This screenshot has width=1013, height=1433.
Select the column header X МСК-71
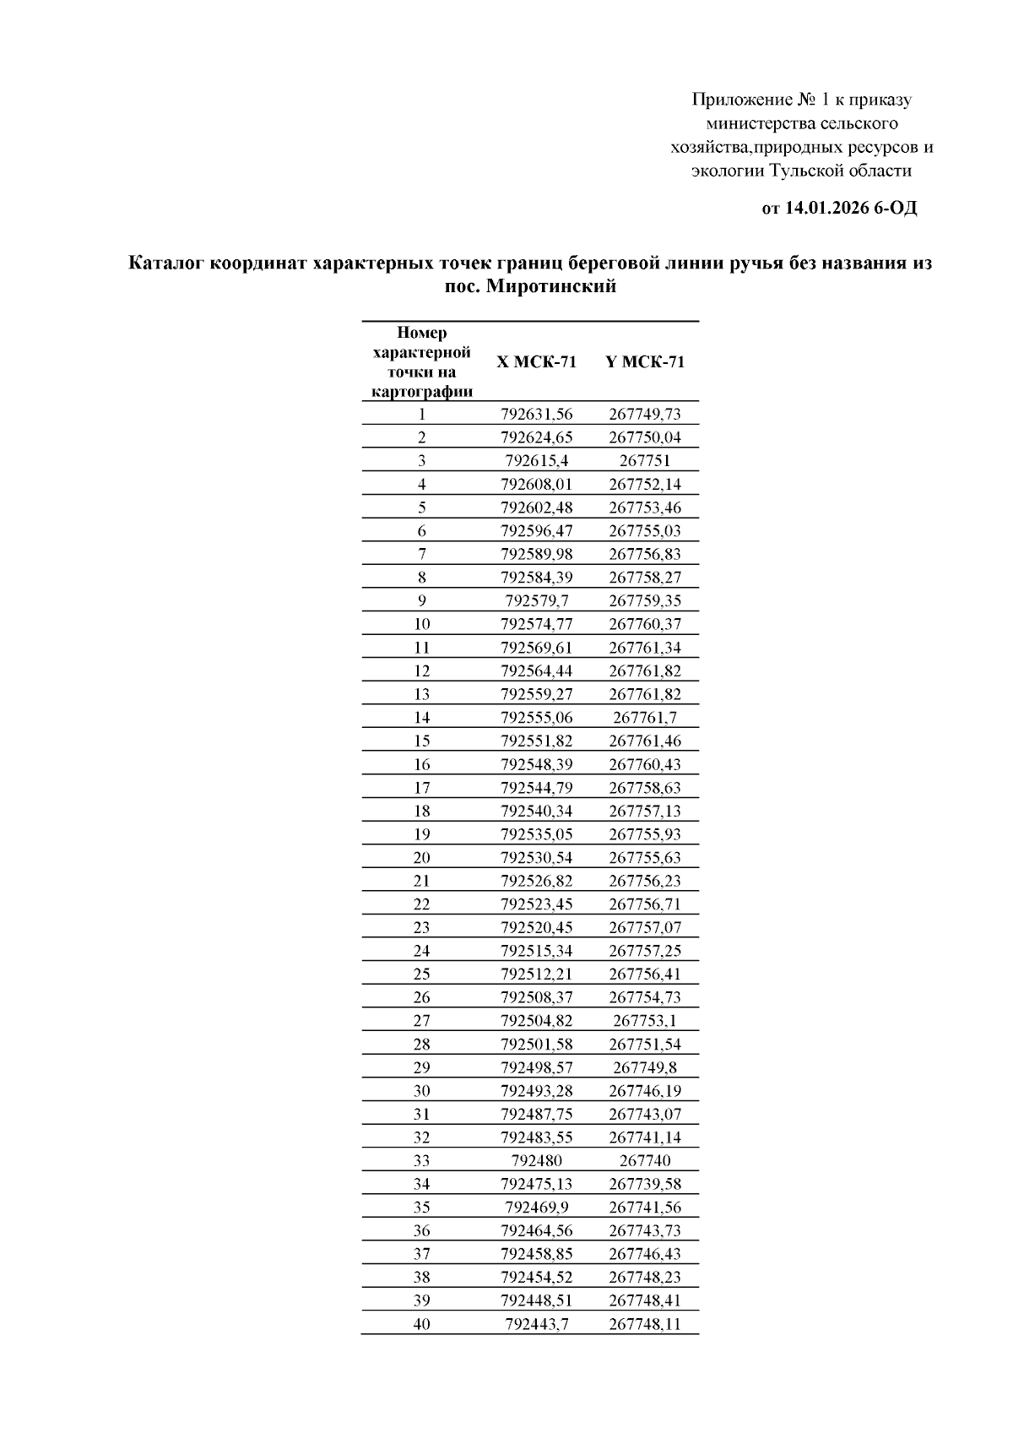tap(536, 362)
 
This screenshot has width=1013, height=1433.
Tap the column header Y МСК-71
tap(645, 362)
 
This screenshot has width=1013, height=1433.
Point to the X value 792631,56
tap(536, 415)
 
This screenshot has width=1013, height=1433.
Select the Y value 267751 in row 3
tap(645, 461)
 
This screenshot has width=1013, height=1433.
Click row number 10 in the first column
tap(421, 625)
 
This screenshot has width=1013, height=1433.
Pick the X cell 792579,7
tap(536, 601)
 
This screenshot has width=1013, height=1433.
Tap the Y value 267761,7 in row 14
tap(645, 718)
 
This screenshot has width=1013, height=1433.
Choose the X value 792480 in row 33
tap(536, 1161)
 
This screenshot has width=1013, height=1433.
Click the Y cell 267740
tap(645, 1161)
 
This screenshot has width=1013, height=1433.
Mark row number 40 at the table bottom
tap(421, 1324)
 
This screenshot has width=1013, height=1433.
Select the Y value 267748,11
tap(645, 1324)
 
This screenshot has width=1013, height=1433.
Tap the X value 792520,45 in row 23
tap(536, 928)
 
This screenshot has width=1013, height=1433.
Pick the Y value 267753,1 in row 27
tap(645, 1021)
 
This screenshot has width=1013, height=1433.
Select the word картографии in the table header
tap(421, 392)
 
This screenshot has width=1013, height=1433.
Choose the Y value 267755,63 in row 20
tap(645, 858)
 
